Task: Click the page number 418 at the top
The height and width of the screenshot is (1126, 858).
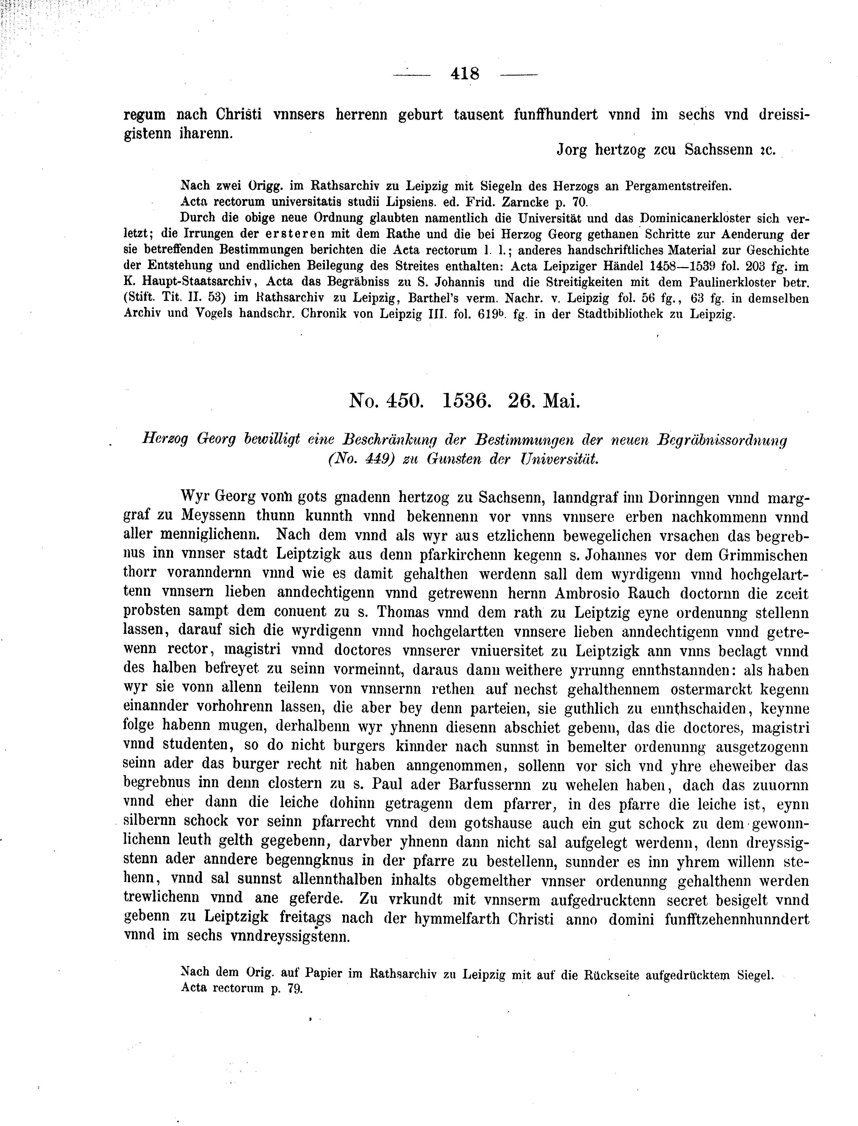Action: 465,74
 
